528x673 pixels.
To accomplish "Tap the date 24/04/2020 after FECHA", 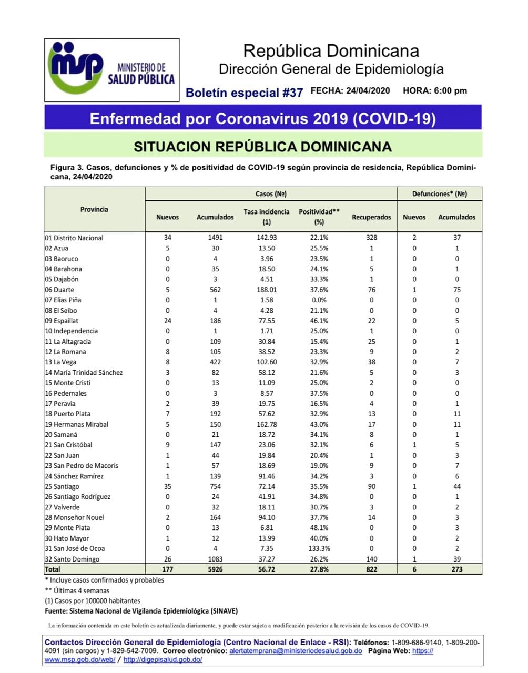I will point(368,90).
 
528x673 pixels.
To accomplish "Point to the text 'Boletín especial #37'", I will point(245,93).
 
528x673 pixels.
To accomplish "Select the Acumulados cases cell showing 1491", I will point(215,238).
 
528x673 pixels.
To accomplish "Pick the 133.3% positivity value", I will point(319,548).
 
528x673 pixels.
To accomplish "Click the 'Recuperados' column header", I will point(371,217).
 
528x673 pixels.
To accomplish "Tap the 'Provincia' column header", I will point(94,209).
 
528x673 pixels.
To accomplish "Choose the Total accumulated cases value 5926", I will point(215,569).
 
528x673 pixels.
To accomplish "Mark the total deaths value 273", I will point(456,569).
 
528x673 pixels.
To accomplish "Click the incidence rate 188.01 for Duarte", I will point(266,290).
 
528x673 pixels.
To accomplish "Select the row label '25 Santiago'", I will point(62,487).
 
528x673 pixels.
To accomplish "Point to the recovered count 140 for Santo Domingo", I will point(371,559).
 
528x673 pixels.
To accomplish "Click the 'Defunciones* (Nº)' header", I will point(439,194).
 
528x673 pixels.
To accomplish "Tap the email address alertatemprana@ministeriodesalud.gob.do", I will point(296,651).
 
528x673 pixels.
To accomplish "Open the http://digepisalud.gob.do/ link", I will point(163,660).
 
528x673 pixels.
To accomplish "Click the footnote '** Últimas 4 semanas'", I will point(77,590).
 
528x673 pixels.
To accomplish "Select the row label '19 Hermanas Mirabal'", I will point(76,424).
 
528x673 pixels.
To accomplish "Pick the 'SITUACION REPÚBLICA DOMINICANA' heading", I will point(262,146).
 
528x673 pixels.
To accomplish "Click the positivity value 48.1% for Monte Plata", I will point(319,528).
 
